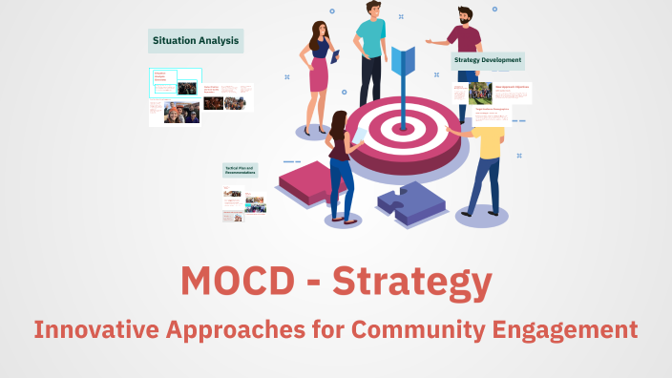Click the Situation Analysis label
[196, 40]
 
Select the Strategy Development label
[488, 61]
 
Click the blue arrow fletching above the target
[402, 59]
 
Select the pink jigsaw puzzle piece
[310, 181]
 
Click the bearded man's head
[464, 16]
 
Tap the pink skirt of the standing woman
[318, 74]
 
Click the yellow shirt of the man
[490, 140]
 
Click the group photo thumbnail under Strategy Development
[479, 94]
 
